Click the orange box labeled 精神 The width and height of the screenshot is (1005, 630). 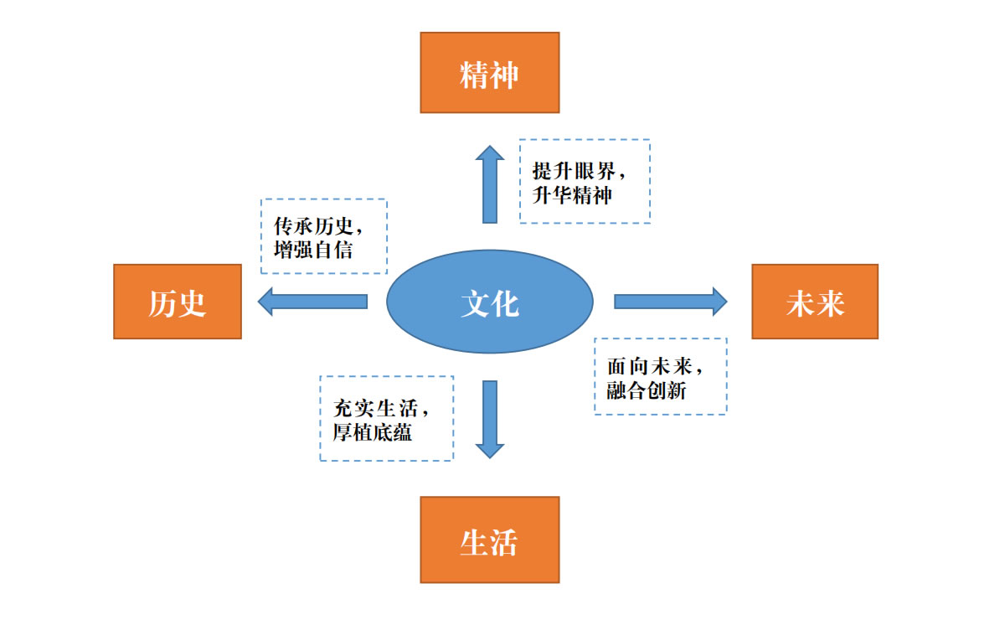pos(489,72)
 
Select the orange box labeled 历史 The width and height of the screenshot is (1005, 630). pos(178,302)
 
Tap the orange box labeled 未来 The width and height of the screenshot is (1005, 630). pos(814,302)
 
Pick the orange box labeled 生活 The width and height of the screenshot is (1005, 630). pos(489,540)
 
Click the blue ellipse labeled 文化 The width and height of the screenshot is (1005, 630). pos(489,302)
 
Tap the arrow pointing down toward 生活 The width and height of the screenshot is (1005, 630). pos(490,419)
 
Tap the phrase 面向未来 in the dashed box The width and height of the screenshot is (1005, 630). pos(649,366)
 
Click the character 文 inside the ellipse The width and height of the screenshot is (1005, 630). pos(475,303)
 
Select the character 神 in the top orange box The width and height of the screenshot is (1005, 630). pos(504,75)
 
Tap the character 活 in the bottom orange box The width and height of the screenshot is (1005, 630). pos(504,543)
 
